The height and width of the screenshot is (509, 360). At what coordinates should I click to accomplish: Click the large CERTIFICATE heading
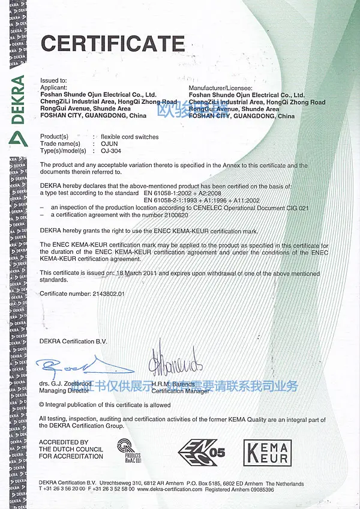[112, 44]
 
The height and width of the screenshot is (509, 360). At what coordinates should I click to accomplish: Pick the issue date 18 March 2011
[142, 273]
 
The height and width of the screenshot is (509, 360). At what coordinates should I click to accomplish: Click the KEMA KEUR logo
[267, 452]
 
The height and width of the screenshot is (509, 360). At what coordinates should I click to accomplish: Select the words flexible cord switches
[130, 137]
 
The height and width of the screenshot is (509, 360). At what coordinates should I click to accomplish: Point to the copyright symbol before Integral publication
[42, 405]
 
